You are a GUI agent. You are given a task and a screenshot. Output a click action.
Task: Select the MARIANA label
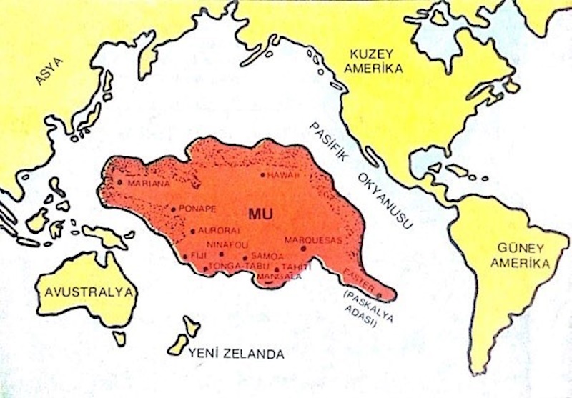point(149,183)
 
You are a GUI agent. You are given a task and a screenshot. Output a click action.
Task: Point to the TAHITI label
point(295,266)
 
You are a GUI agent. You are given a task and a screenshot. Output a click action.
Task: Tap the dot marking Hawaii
point(263,175)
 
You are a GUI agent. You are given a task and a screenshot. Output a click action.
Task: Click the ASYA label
point(49,71)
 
